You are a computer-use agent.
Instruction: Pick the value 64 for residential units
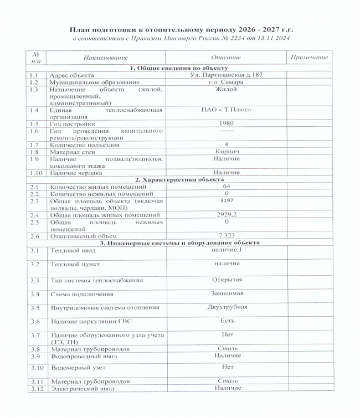coord(225,187)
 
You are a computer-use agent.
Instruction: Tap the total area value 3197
coord(225,200)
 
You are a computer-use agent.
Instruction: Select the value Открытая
coord(226,278)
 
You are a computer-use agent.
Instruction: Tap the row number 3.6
coord(35,321)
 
